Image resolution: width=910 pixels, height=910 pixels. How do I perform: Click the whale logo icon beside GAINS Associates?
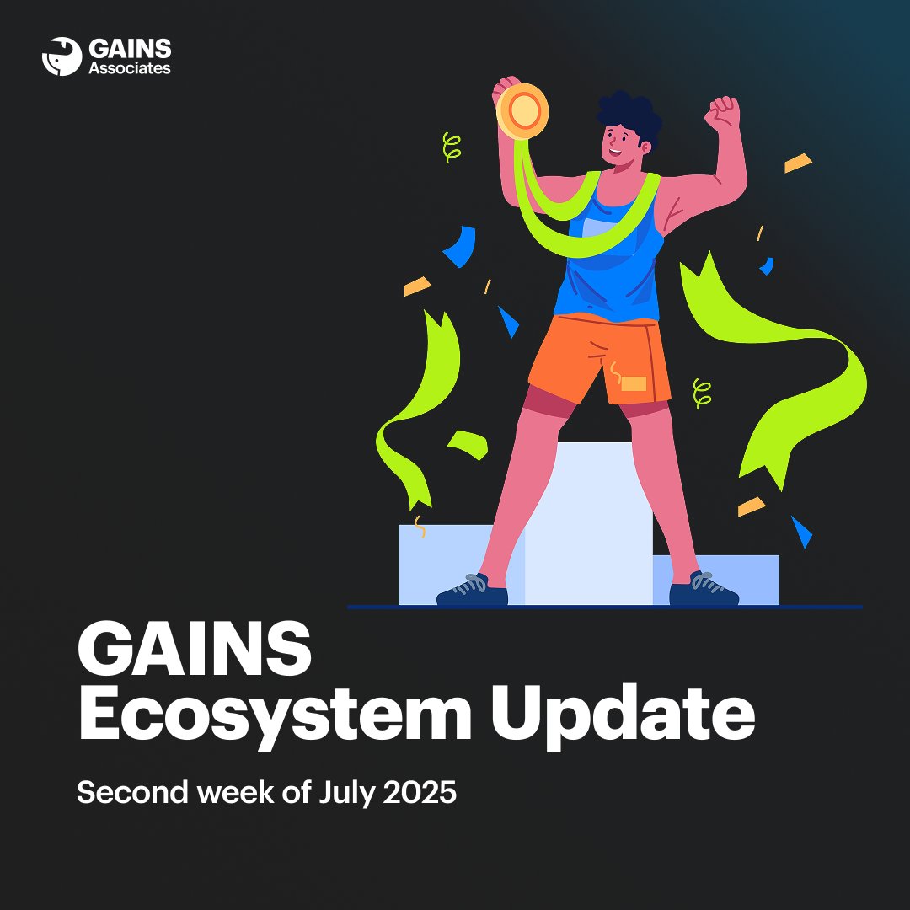[62, 56]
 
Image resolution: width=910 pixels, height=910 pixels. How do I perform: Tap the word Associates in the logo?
[130, 68]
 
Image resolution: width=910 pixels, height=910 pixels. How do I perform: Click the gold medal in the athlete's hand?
[522, 111]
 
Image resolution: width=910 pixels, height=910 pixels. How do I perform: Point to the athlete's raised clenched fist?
[723, 112]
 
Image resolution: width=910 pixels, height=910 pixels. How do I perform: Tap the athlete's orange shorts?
[600, 359]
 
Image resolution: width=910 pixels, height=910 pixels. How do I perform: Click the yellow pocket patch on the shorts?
[633, 383]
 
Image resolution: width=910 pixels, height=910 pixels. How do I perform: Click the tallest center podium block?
[588, 523]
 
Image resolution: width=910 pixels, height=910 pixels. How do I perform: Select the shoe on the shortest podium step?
[704, 588]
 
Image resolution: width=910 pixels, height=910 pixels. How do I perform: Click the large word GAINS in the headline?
[195, 647]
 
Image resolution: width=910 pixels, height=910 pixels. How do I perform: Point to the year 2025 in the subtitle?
[420, 792]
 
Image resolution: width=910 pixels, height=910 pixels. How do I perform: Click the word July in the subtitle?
[347, 794]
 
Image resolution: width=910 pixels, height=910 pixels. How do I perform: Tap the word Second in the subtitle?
[133, 792]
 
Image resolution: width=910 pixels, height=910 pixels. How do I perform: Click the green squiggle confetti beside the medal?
[451, 147]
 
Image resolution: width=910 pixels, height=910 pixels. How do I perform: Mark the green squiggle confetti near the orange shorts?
[702, 394]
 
